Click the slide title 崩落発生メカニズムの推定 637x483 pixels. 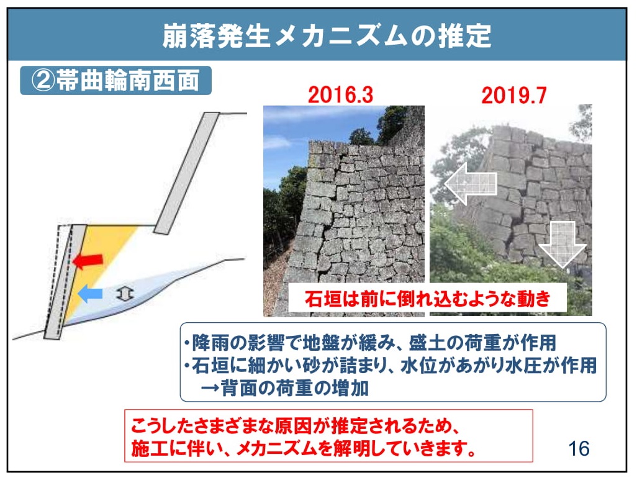point(327,36)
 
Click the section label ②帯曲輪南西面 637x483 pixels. point(115,81)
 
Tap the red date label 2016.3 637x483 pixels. point(340,95)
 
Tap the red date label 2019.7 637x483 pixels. point(514,96)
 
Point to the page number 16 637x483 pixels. point(579,449)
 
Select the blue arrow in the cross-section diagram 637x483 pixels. point(90,293)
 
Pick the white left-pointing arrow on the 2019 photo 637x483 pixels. point(471,184)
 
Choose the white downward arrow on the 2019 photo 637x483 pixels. point(562,245)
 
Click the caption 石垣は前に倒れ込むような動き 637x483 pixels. point(427,299)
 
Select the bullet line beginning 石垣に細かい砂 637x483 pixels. point(390,365)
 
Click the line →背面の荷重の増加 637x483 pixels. point(284,388)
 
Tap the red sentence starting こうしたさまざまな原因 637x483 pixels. point(295,426)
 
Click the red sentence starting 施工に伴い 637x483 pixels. point(303,448)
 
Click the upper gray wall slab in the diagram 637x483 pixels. point(187,173)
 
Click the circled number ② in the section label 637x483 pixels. point(43,81)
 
